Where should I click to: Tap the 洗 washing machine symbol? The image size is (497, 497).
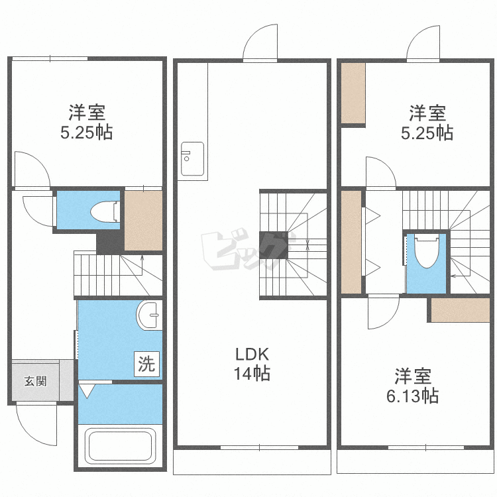click(146, 363)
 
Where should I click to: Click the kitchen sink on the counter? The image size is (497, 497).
click(193, 159)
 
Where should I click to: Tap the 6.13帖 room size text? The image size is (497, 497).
click(413, 396)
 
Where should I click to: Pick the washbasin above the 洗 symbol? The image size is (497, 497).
click(150, 315)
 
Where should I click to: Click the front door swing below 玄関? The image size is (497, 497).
click(37, 424)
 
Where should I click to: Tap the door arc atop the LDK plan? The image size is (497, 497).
click(260, 43)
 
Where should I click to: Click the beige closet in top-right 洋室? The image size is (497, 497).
click(353, 93)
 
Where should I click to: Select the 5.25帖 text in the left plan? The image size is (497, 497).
click(86, 133)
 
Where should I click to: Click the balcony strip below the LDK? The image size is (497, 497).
click(251, 461)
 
